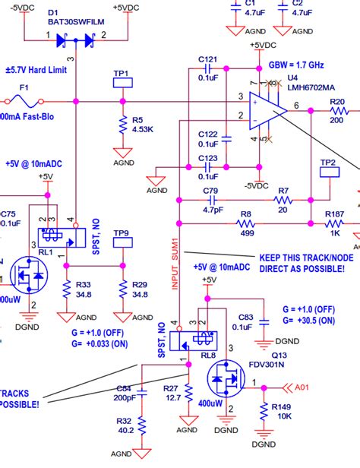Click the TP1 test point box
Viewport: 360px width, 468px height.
122,84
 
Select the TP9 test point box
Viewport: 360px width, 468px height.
122,244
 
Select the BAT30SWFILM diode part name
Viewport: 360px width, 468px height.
72,23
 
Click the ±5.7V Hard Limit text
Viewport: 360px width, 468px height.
39,68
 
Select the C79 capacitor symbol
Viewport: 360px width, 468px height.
211,201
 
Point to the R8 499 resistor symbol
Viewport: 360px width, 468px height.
245,224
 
